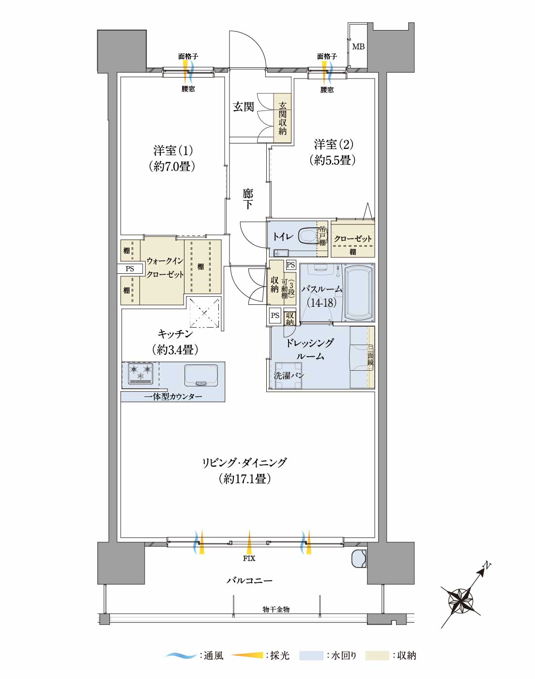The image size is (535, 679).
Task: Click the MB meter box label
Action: (358, 47)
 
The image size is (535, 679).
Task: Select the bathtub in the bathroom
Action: (358, 293)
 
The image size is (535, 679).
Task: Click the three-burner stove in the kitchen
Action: (140, 373)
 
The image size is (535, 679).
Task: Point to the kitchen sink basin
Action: (201, 375)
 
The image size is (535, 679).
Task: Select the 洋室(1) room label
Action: (173, 150)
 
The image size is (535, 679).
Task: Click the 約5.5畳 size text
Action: (333, 160)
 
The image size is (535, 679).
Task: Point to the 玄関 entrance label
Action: (244, 107)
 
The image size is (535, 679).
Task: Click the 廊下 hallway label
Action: (248, 199)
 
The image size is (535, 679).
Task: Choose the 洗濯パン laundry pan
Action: (289, 375)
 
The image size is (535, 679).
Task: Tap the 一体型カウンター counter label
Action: (173, 396)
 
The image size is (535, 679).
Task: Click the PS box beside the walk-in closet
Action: (130, 269)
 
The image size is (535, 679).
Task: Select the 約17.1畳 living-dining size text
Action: (245, 479)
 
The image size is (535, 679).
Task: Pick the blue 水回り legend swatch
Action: (311, 656)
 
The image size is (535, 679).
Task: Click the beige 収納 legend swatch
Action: (377, 656)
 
